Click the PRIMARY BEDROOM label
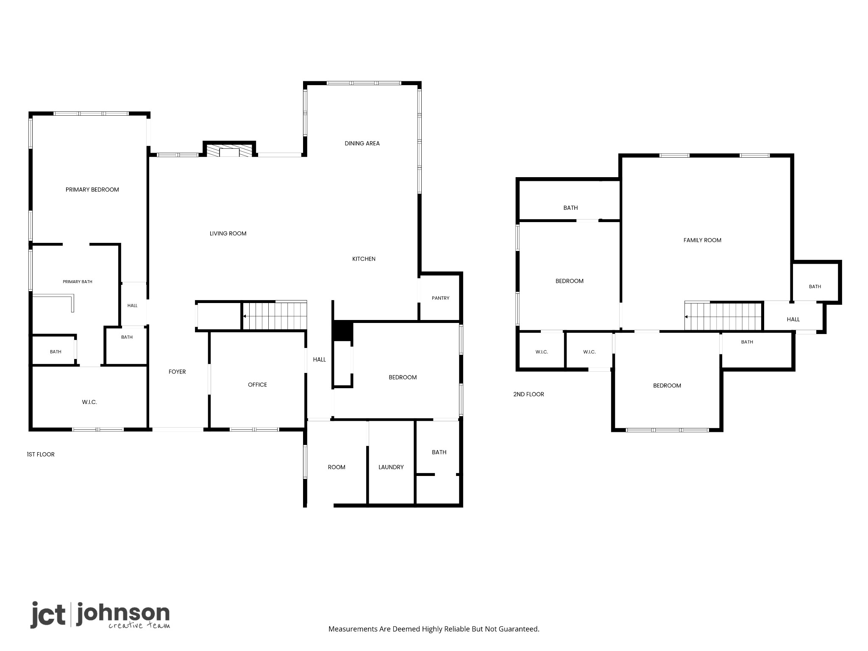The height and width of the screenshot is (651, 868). [92, 189]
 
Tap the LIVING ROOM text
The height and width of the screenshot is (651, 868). [228, 234]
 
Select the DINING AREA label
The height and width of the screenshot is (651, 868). [362, 143]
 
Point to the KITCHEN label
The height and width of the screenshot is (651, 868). [364, 259]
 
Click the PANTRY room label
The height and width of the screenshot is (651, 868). [440, 298]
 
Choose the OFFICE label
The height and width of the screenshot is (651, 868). [257, 385]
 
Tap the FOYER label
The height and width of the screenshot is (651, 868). [177, 372]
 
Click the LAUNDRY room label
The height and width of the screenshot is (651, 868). [391, 467]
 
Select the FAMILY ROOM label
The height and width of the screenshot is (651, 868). [702, 240]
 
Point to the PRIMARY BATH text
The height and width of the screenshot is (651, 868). [78, 281]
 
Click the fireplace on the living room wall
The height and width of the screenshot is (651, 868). [229, 149]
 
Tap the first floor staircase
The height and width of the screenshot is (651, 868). [274, 315]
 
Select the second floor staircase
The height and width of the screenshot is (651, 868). [723, 316]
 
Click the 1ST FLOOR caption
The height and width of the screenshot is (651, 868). [41, 454]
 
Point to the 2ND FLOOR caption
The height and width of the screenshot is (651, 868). [529, 394]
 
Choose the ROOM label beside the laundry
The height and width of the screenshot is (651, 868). [337, 467]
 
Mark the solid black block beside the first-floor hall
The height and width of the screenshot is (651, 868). [342, 331]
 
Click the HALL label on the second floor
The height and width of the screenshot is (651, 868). [793, 320]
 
